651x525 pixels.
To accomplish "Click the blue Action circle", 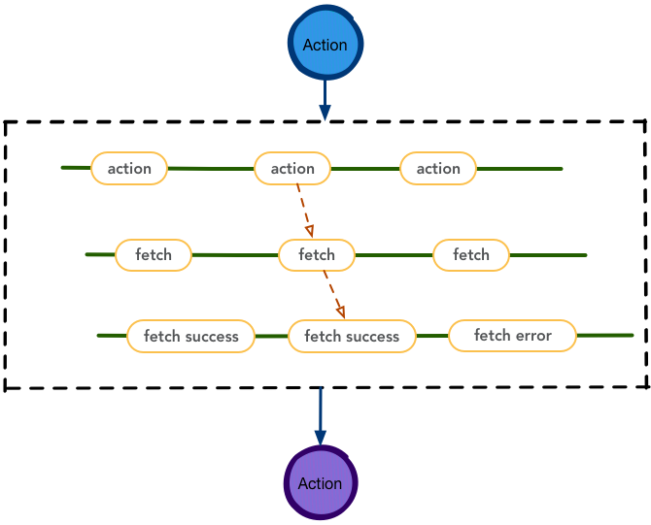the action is pyautogui.click(x=325, y=43).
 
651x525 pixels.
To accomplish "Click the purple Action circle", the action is pyautogui.click(x=320, y=482).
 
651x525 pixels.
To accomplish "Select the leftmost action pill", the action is pyautogui.click(x=129, y=168).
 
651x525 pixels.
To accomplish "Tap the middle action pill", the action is pyautogui.click(x=292, y=168).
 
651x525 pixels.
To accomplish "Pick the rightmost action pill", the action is pyautogui.click(x=438, y=168).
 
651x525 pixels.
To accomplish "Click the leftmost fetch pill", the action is pyautogui.click(x=154, y=255).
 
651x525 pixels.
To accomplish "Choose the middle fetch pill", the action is pyautogui.click(x=317, y=255).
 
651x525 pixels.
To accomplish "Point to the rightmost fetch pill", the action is pyautogui.click(x=471, y=255).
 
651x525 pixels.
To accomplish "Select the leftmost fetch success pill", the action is pyautogui.click(x=190, y=336).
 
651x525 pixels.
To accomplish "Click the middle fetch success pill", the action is pyautogui.click(x=352, y=336).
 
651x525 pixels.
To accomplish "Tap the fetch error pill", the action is pyautogui.click(x=512, y=336).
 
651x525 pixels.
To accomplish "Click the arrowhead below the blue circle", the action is pyautogui.click(x=325, y=113).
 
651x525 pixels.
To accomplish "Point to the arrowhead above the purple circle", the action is pyautogui.click(x=320, y=438).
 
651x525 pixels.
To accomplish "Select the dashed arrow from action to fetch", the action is pyautogui.click(x=305, y=211).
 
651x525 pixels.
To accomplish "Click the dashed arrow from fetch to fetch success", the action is pyautogui.click(x=334, y=294).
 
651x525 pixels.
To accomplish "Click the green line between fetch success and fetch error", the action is pyautogui.click(x=432, y=336).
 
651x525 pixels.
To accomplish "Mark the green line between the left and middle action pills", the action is pyautogui.click(x=211, y=169).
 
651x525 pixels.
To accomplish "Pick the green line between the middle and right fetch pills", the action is pyautogui.click(x=394, y=255).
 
